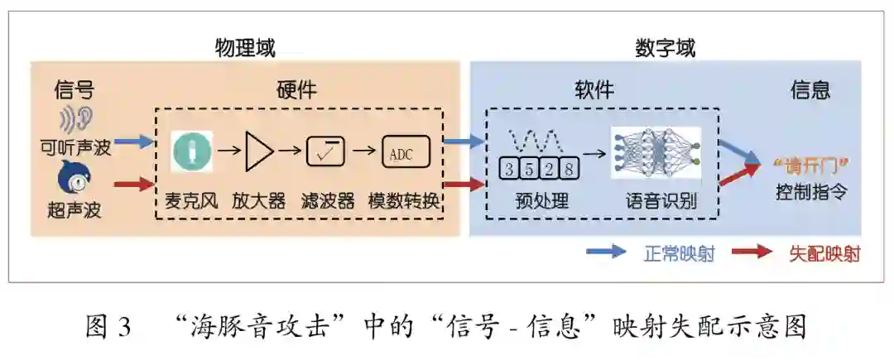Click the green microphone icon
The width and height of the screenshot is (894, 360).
point(192,152)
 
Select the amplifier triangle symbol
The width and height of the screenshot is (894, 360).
point(259,151)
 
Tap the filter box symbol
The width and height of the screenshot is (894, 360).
point(326,152)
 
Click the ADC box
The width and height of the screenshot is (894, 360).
point(405,152)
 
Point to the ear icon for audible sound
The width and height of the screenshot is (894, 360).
point(76,120)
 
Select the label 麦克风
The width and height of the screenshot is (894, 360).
point(192,201)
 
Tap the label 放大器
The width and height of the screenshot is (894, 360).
point(259,201)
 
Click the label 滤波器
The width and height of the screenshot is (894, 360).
point(328,201)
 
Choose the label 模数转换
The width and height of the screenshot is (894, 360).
point(405,201)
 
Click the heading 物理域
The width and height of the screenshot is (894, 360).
point(245,47)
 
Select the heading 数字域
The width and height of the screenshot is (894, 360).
point(666,47)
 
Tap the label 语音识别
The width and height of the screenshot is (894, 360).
point(661,201)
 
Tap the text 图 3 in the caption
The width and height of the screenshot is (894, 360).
point(108,328)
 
